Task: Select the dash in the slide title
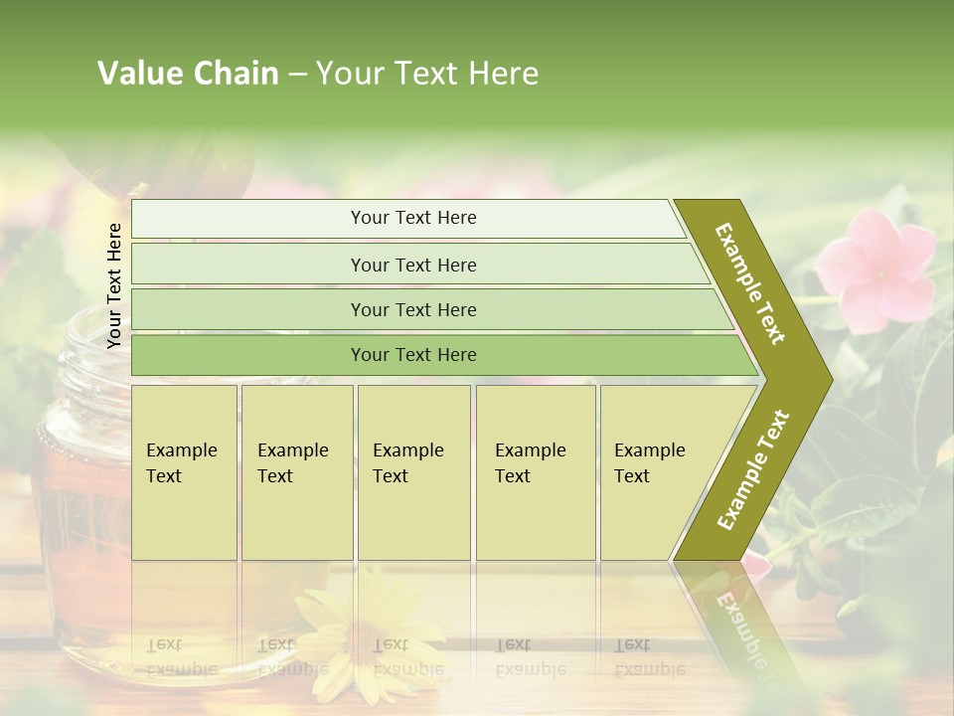(x=297, y=75)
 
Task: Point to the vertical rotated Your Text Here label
(x=114, y=285)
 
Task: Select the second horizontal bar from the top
(x=412, y=265)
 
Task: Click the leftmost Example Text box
(x=184, y=471)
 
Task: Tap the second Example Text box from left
(x=297, y=471)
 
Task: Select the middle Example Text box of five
(x=413, y=471)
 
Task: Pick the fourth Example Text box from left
(x=536, y=471)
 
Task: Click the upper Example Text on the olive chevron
(x=750, y=283)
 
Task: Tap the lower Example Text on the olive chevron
(x=753, y=469)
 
